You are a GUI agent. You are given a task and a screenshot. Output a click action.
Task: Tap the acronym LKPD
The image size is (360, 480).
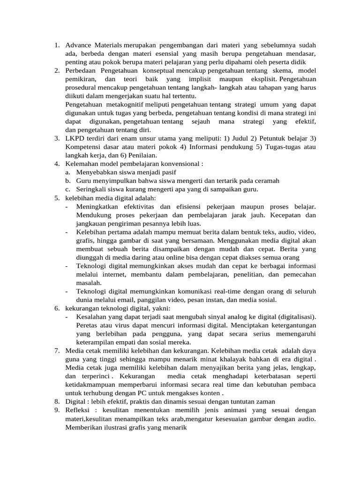tap(75, 138)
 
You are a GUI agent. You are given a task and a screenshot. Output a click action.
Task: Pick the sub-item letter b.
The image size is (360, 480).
tap(68, 180)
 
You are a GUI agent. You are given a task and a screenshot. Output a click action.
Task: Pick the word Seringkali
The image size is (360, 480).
tap(94, 189)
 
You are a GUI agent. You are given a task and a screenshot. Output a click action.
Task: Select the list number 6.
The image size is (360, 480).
tap(56, 308)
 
